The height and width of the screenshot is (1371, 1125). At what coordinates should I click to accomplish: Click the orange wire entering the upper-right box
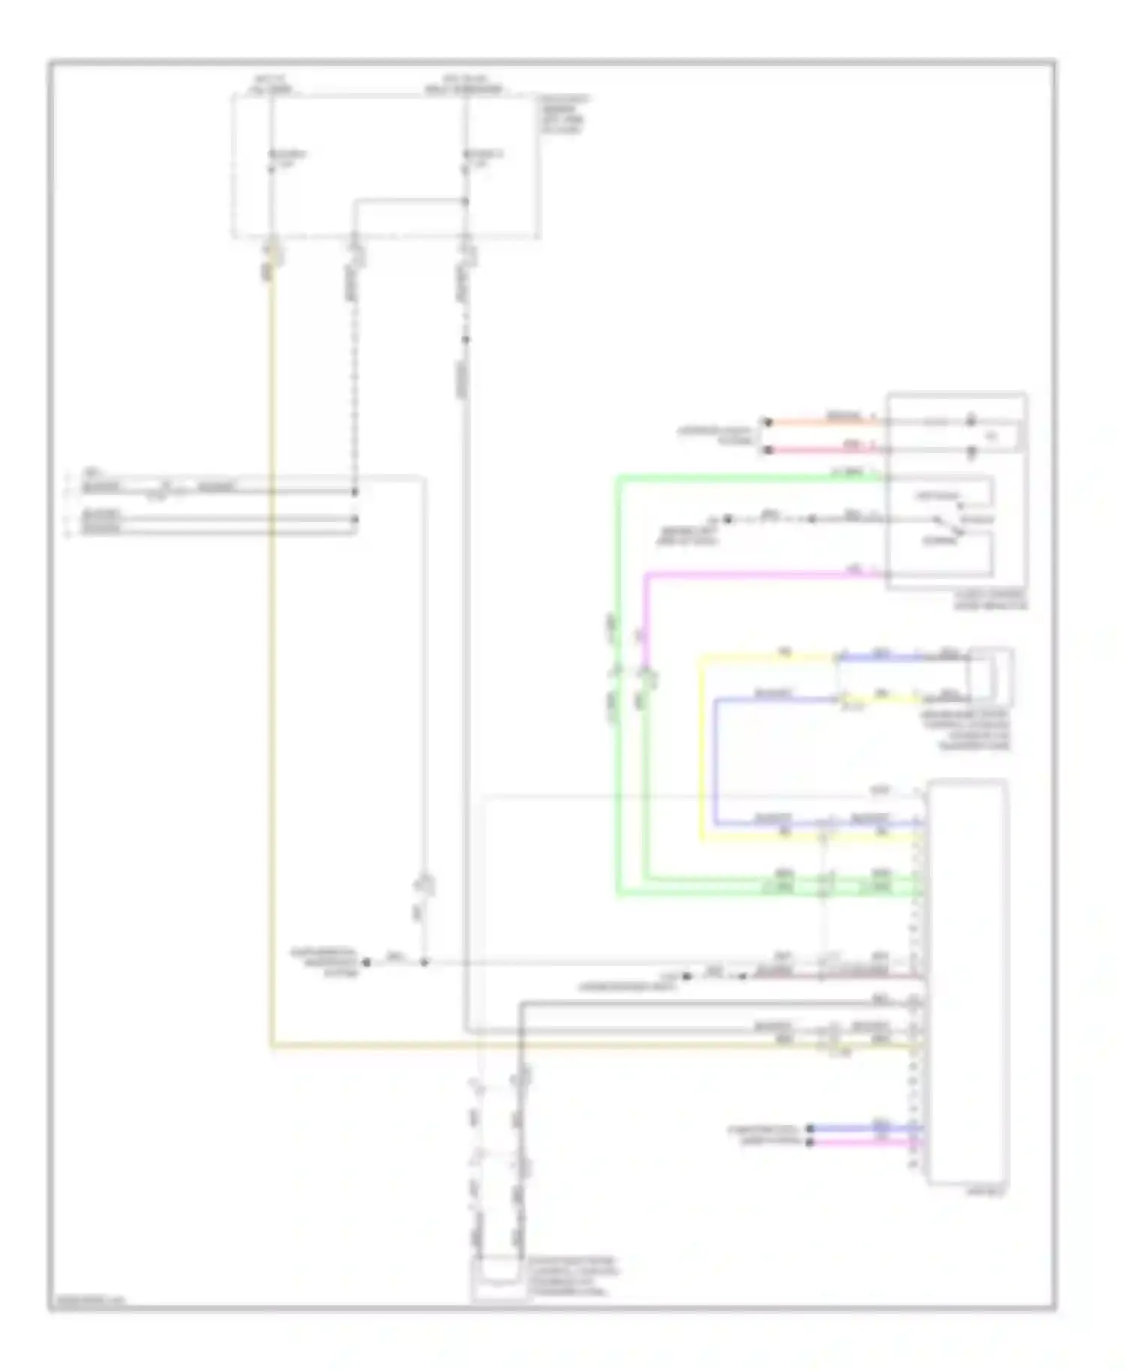pos(825,422)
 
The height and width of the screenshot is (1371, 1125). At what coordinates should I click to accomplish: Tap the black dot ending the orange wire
pos(767,422)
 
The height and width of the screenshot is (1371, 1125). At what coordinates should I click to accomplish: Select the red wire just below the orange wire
pos(825,450)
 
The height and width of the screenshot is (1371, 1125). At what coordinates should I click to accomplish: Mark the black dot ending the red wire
pos(767,450)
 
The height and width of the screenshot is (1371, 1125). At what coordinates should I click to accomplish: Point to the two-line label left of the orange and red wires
pos(716,436)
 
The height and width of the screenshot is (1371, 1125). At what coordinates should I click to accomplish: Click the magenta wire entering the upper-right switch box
pos(765,575)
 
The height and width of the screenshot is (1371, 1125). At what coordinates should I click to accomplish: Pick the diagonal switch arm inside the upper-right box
pos(949,526)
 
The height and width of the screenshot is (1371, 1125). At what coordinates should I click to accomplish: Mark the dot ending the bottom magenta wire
pos(810,1142)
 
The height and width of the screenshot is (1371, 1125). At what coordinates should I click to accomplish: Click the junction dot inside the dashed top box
pos(465,201)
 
